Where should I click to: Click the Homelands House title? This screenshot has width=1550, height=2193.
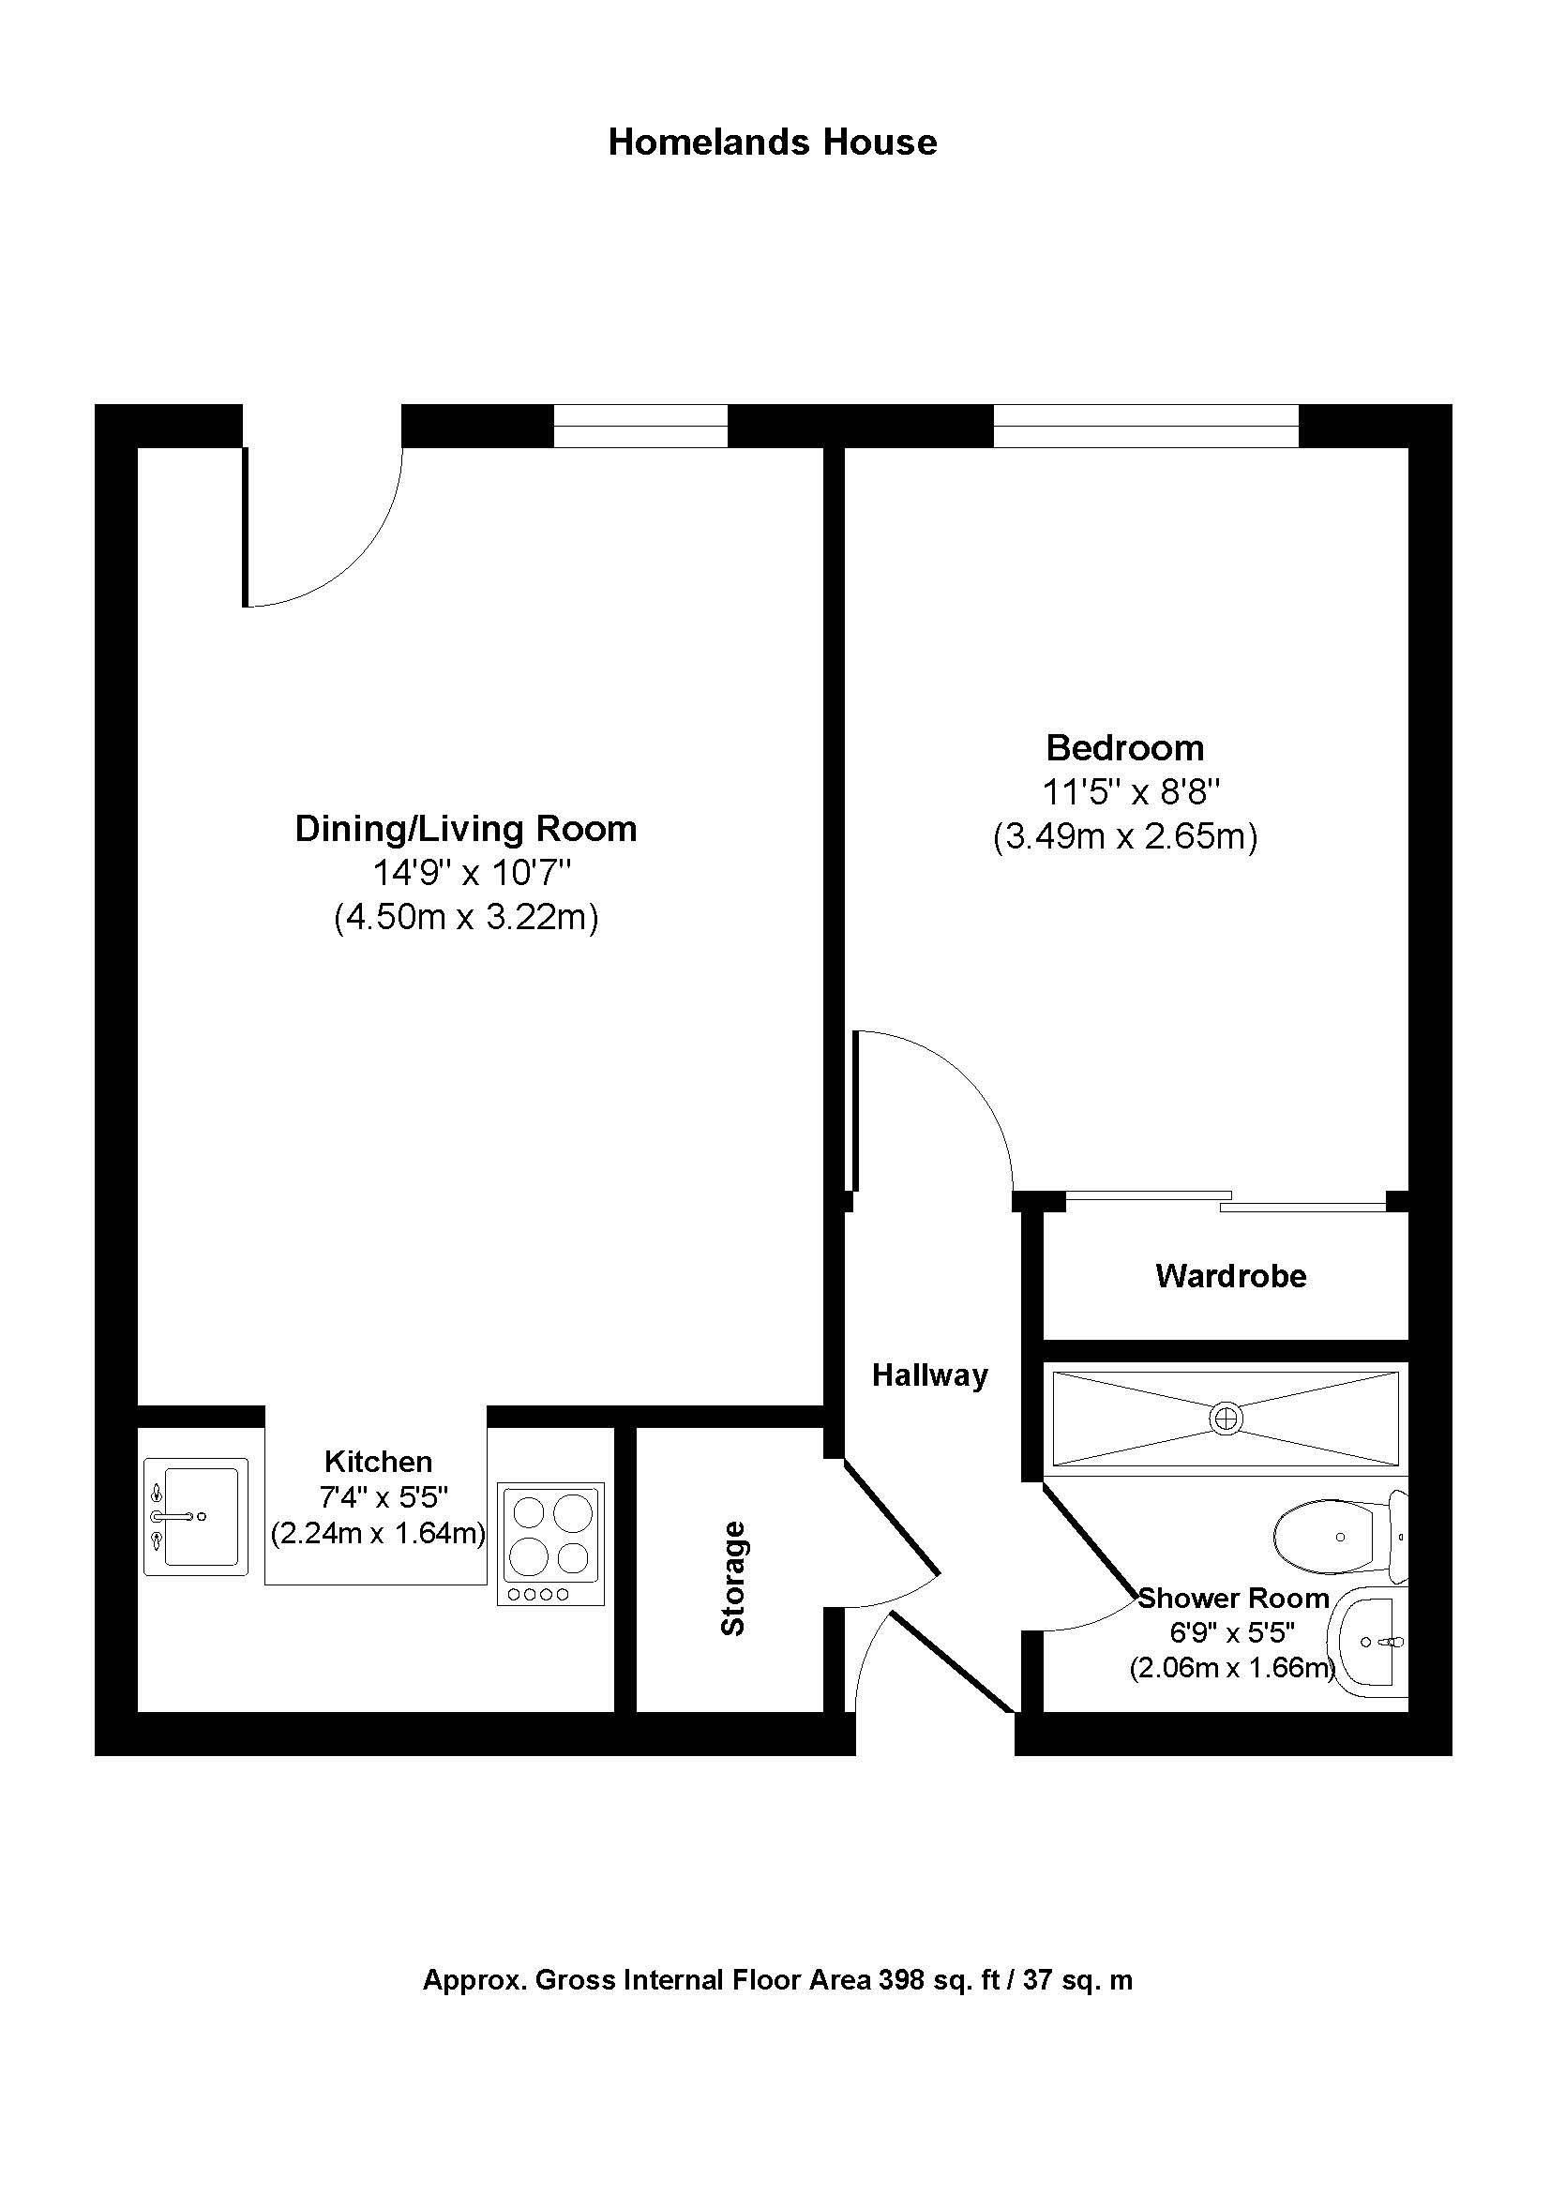(773, 143)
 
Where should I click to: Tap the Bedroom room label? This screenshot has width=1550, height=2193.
(1124, 747)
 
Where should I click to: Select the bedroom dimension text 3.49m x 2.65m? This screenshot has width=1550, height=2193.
(1125, 836)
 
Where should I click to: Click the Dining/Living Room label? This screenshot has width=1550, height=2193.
(465, 828)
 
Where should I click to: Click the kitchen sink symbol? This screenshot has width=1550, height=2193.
(196, 1516)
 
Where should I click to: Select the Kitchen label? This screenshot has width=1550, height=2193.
(378, 1461)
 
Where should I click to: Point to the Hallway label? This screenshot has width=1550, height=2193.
(929, 1375)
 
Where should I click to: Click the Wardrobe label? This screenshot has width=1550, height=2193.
(1230, 1276)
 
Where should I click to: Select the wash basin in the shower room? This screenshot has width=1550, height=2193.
(1374, 1642)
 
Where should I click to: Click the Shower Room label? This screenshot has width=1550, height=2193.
(1233, 1597)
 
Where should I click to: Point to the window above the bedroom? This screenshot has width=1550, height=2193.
(1145, 426)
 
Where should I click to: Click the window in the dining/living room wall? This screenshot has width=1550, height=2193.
(640, 426)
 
